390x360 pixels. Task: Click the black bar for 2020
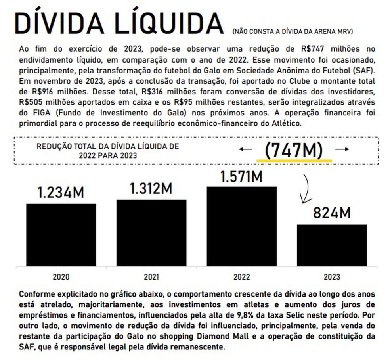[61, 234]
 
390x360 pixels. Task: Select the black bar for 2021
[151, 232]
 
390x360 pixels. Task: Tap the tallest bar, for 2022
[241, 226]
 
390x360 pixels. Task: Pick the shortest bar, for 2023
[332, 245]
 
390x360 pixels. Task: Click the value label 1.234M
[61, 193]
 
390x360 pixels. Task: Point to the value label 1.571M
[241, 176]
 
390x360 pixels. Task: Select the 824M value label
[332, 213]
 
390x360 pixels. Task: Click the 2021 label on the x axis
[151, 277]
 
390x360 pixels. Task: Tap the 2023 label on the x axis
[332, 277]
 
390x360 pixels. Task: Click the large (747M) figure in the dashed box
[294, 150]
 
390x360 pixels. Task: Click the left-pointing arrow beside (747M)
[246, 149]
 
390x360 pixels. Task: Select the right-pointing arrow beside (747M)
[342, 149]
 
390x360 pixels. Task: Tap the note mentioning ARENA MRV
[292, 31]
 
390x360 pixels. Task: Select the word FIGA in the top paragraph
[38, 113]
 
